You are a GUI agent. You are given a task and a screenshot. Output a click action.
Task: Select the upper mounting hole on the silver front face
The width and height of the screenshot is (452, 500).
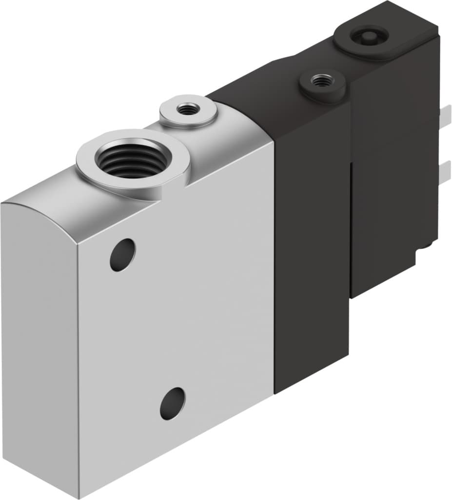122,255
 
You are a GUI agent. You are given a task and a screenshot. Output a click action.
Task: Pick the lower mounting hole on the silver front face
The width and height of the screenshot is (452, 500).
173,403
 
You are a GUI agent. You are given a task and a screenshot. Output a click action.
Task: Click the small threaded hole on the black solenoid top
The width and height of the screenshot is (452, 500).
320,81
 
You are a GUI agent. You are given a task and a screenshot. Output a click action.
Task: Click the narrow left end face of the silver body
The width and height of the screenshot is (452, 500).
39,342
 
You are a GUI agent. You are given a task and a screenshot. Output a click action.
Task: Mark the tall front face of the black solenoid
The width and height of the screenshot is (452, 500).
312,244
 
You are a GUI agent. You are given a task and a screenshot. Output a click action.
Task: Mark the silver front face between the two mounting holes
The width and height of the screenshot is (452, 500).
151,327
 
